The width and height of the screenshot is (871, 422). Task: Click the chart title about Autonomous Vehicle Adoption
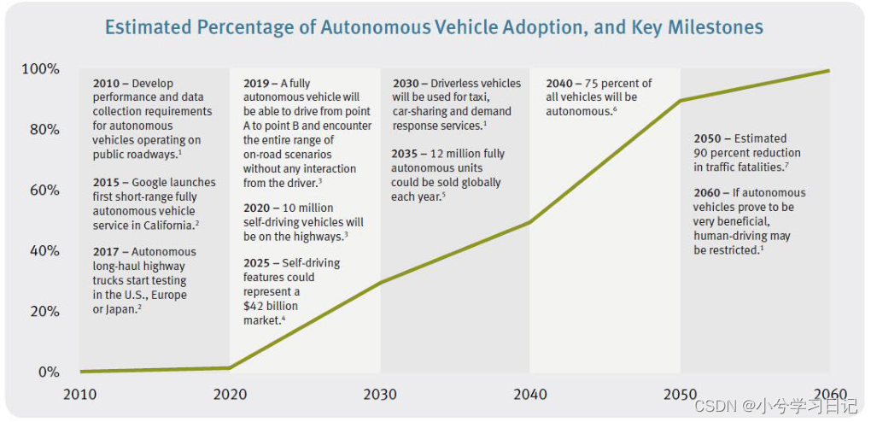[434, 27]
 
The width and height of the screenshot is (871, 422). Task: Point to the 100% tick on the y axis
[41, 68]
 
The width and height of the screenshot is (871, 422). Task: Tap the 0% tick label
[48, 372]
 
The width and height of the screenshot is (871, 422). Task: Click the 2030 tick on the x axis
[380, 394]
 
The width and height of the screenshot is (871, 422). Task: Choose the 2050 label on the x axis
[681, 394]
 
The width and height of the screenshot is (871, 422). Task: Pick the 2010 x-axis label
[79, 394]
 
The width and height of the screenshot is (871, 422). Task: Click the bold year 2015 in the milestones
[107, 183]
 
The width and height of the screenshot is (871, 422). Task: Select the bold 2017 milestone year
[107, 252]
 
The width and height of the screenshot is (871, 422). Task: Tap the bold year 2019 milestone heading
[257, 84]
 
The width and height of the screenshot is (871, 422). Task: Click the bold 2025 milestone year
[257, 263]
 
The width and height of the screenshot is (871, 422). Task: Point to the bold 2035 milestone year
[406, 154]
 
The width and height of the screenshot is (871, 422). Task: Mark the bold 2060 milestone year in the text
[707, 193]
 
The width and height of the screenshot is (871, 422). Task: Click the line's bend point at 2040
[530, 222]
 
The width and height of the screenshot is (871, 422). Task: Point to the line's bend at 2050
[681, 101]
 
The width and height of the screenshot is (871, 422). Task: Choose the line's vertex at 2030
[380, 283]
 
